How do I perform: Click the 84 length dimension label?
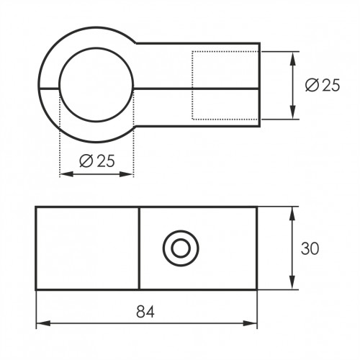(145, 312)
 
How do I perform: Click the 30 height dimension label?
(310, 248)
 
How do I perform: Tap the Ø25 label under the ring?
(97, 161)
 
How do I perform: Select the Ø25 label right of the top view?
(323, 85)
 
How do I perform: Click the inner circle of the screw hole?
(181, 248)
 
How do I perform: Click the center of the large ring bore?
(96, 84)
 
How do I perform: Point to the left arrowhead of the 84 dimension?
(43, 323)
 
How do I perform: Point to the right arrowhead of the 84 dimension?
(250, 323)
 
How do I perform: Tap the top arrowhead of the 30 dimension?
(292, 214)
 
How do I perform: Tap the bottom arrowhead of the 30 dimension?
(292, 282)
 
